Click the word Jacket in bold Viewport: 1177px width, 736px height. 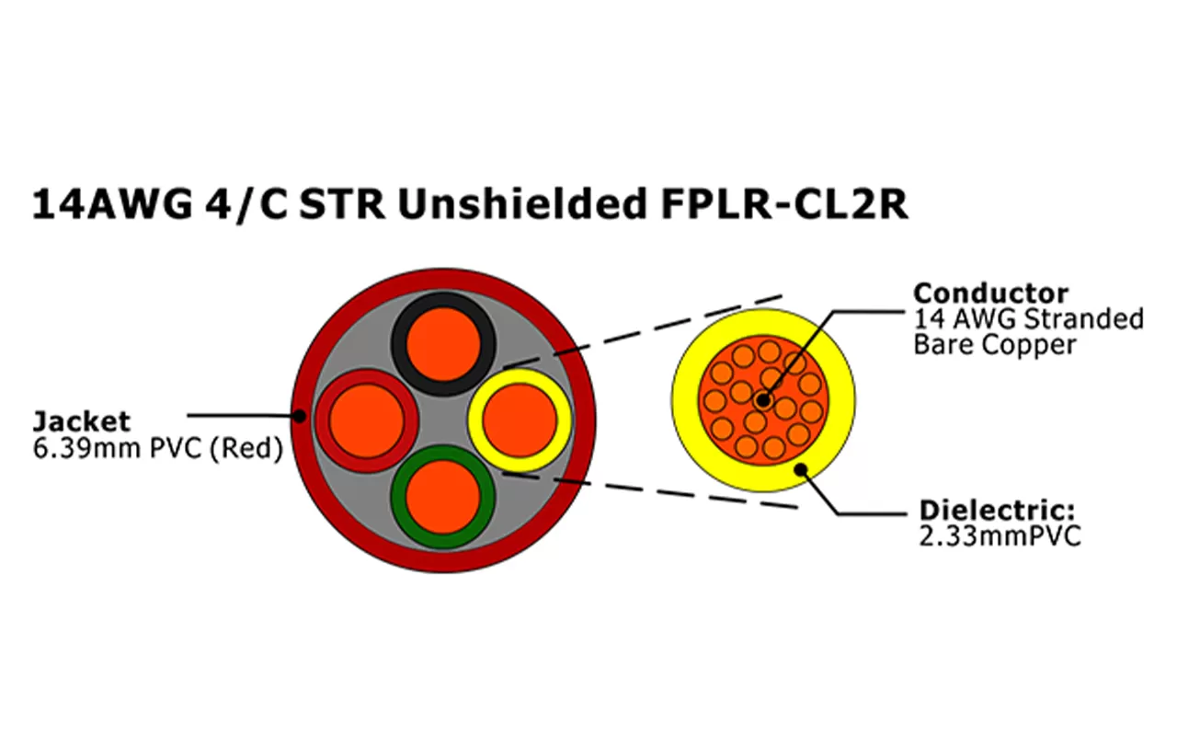coord(82,421)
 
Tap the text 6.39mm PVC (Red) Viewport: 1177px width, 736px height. coord(157,451)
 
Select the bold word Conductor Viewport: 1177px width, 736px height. coord(990,293)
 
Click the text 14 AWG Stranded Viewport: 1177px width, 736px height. coord(1028,319)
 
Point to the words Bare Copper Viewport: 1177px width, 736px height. coord(994,345)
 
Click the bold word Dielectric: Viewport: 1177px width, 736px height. coord(997,511)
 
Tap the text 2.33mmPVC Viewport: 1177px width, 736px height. coord(1000,536)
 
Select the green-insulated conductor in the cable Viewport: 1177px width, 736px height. coord(443,496)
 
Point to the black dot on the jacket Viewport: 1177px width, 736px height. coord(299,416)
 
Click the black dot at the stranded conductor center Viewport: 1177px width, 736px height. coord(763,400)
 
